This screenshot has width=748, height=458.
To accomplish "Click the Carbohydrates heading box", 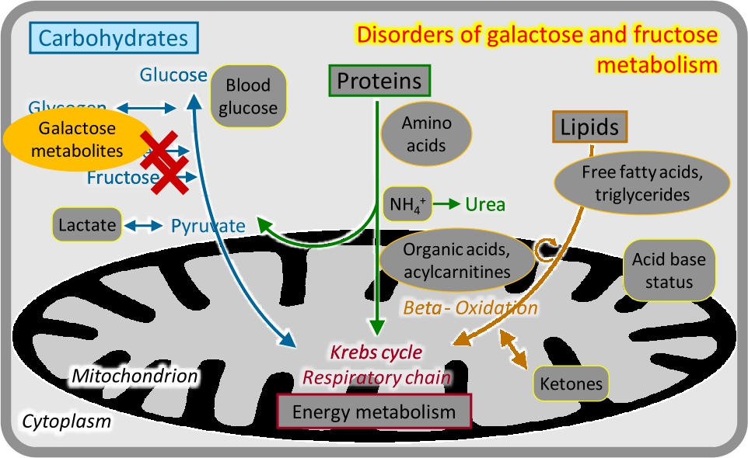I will pyautogui.click(x=114, y=38).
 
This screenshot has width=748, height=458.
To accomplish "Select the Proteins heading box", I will pyautogui.click(x=379, y=81).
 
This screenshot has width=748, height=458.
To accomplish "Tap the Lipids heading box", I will pyautogui.click(x=589, y=127).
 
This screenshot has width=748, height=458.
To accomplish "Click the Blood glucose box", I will pyautogui.click(x=247, y=97).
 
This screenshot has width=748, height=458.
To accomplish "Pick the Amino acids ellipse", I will pyautogui.click(x=426, y=134).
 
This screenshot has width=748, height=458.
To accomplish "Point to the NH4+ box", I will pyautogui.click(x=407, y=204).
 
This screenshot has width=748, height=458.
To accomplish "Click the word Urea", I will pyautogui.click(x=486, y=205).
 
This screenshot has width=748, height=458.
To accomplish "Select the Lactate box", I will pyautogui.click(x=89, y=226).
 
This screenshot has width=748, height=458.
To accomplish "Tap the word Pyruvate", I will pyautogui.click(x=208, y=227).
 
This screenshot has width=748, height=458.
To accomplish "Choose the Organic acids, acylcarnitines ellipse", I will pyautogui.click(x=457, y=260).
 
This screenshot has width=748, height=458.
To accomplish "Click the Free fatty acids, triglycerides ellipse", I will pyautogui.click(x=642, y=183).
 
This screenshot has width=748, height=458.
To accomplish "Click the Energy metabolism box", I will pyautogui.click(x=374, y=411).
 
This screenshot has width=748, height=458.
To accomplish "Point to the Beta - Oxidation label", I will pyautogui.click(x=470, y=307).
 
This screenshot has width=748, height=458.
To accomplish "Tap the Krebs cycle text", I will pyautogui.click(x=376, y=352).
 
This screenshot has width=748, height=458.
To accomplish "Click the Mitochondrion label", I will pyautogui.click(x=135, y=376).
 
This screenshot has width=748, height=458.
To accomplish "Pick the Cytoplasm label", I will pyautogui.click(x=66, y=422).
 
